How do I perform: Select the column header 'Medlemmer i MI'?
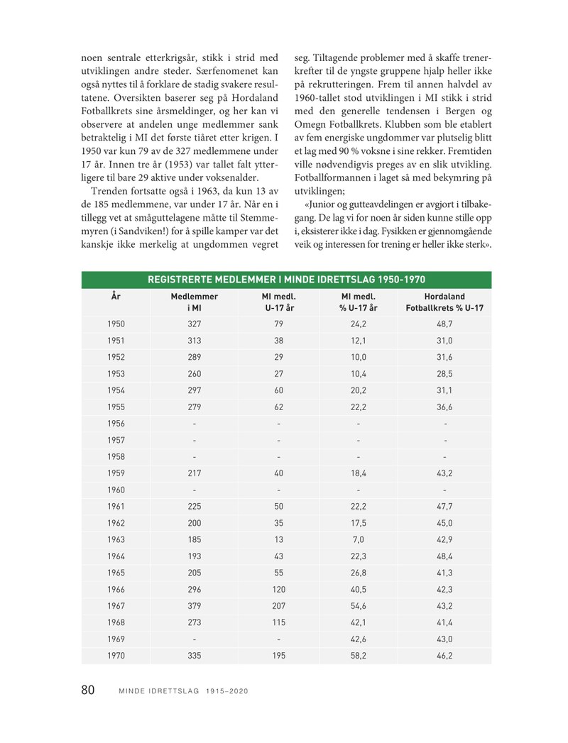[193, 302]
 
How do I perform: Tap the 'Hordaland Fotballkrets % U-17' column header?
[444, 302]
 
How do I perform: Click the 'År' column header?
[116, 296]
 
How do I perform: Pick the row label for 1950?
[116, 324]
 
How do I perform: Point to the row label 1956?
[116, 424]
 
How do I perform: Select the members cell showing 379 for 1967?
[193, 606]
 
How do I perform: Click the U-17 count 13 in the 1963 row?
[278, 539]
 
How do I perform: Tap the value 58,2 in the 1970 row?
[358, 656]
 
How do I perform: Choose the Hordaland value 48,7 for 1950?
[444, 324]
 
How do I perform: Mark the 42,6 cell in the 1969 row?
[358, 639]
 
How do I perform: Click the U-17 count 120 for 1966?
[278, 589]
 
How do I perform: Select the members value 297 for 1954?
[193, 390]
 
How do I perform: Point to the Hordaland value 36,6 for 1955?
[444, 407]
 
